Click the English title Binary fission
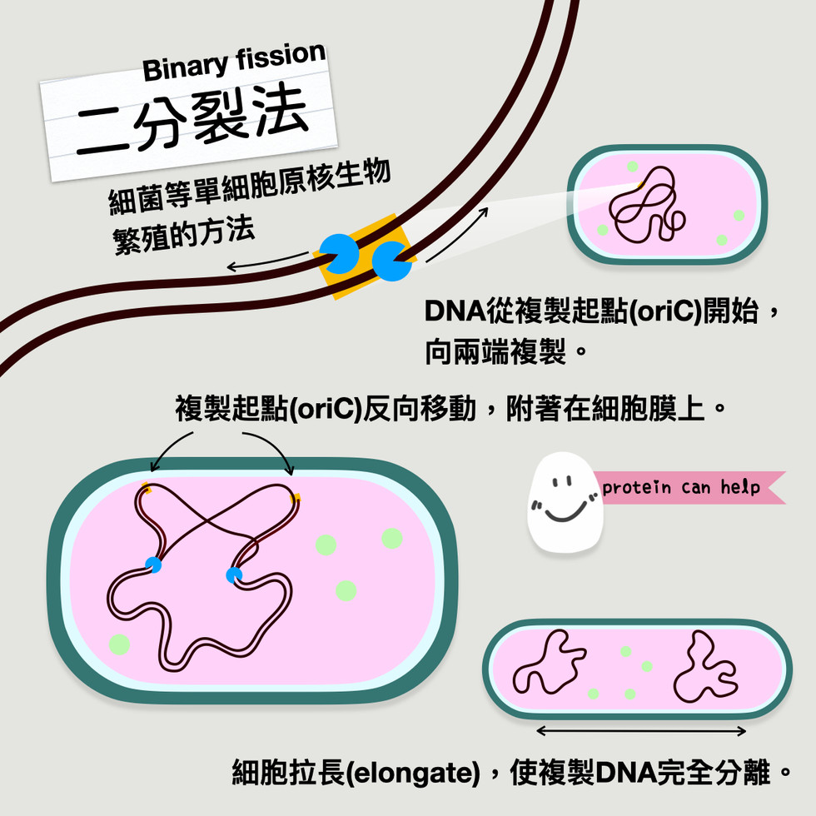click(x=233, y=63)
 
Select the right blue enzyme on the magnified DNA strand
click(x=391, y=261)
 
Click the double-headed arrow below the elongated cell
click(x=641, y=731)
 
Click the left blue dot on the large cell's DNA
click(x=153, y=565)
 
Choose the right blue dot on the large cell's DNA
click(x=234, y=575)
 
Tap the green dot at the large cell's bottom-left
click(x=119, y=644)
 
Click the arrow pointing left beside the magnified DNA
click(x=266, y=265)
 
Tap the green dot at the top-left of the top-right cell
click(x=633, y=167)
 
